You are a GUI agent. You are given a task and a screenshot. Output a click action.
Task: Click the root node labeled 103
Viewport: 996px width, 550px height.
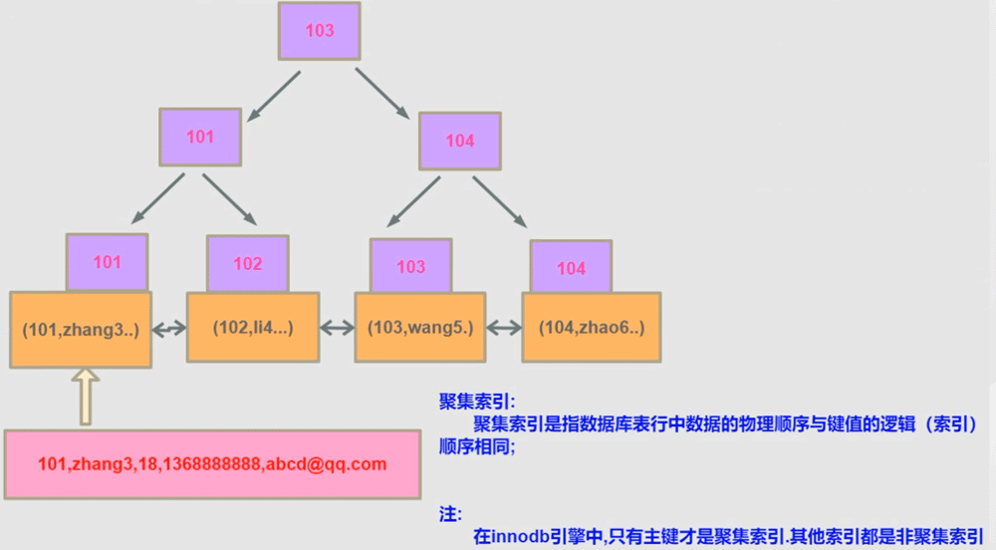pos(319,31)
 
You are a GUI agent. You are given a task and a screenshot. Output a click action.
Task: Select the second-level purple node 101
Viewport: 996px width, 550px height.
pos(200,137)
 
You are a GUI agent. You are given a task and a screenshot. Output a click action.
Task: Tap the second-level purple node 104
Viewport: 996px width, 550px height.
pos(459,140)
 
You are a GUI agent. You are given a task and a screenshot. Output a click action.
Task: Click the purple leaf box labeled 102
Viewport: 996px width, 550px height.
pos(247,263)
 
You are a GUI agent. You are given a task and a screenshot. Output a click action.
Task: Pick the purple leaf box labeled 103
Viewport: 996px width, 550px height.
pos(410,266)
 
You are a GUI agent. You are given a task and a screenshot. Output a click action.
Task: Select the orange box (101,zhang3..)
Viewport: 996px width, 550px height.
pos(80,328)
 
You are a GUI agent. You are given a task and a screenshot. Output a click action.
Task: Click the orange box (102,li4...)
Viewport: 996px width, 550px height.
pos(253,327)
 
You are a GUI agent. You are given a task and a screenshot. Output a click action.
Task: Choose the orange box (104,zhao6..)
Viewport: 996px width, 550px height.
pos(590,327)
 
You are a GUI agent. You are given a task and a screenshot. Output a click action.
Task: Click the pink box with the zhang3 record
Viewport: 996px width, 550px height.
pos(211,464)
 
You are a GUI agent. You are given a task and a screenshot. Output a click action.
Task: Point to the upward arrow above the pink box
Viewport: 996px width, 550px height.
pos(86,396)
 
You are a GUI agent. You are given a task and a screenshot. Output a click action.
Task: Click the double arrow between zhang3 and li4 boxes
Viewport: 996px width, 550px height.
pos(168,328)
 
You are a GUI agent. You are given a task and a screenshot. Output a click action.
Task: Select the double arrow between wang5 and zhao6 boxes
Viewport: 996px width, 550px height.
pos(504,327)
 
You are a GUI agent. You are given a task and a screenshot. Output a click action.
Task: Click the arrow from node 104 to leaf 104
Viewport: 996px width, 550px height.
pos(501,203)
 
